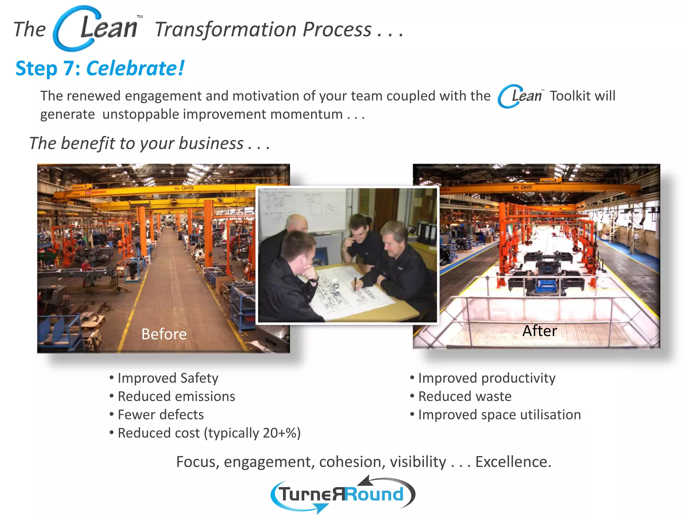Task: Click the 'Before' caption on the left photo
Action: [x=164, y=334]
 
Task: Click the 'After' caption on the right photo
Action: [x=539, y=331]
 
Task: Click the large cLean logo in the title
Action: [x=97, y=28]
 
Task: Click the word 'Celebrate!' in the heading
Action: [x=135, y=68]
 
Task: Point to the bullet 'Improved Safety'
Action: [x=167, y=378]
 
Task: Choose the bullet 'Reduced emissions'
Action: [x=176, y=397]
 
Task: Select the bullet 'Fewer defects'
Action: [x=160, y=415]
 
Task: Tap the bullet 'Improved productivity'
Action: [x=486, y=378]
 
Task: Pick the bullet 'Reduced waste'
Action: [x=465, y=397]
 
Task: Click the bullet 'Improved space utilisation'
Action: [x=499, y=415]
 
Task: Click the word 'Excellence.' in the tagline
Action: [x=513, y=462]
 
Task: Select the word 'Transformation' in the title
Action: [x=226, y=30]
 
